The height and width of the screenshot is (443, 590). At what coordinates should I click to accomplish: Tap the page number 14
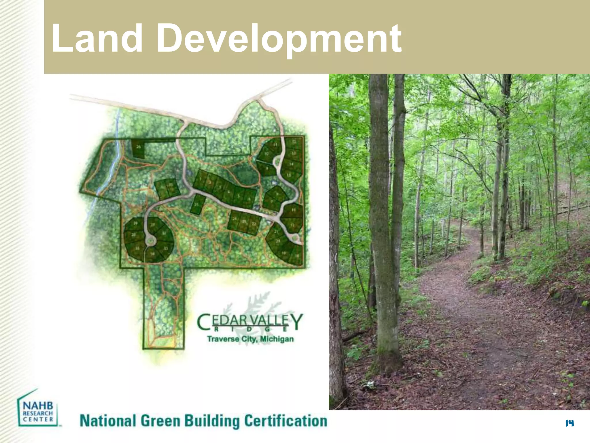coord(569,423)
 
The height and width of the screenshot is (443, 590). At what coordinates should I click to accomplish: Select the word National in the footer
coord(107,421)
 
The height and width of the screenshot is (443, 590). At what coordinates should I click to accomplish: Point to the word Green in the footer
coord(160,421)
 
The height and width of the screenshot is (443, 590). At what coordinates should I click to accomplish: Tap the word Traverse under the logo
coord(223,339)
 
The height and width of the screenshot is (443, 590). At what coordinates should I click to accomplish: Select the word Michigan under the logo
coord(277,339)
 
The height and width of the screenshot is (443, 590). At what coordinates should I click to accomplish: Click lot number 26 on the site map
coord(139,147)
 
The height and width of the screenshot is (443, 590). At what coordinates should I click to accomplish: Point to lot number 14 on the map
coord(292,164)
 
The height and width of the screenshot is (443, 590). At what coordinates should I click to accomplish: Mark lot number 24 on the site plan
coord(235,219)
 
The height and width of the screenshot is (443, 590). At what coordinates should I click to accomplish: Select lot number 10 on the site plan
coord(266,154)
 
